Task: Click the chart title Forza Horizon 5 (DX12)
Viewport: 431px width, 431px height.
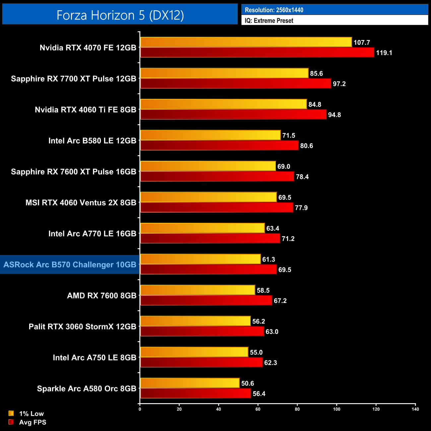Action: tap(120, 15)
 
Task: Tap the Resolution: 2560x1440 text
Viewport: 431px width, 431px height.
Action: tap(274, 10)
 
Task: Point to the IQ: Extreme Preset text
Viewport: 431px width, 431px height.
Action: tap(269, 21)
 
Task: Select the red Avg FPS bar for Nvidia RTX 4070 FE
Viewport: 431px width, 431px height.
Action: tap(257, 52)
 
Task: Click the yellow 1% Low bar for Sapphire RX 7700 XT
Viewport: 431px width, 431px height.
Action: tap(224, 73)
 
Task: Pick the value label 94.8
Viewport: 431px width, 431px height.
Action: tap(334, 115)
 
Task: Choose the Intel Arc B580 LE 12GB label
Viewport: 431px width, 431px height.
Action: tap(92, 141)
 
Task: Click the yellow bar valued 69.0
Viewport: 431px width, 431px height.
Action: tap(208, 166)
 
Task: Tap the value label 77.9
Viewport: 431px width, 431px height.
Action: tap(301, 208)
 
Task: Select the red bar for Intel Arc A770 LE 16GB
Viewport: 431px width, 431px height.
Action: tap(210, 238)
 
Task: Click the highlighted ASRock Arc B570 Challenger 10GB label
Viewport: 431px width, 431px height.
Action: tap(70, 265)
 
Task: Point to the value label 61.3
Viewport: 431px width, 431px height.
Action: tap(269, 259)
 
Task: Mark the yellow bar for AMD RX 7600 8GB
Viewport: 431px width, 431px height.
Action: tap(198, 290)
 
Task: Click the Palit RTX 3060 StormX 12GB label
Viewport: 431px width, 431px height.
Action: tap(82, 327)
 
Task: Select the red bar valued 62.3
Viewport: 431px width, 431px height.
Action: tap(201, 362)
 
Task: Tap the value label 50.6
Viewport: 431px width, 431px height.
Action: tap(247, 383)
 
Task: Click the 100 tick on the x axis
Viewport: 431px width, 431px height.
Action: tap(337, 409)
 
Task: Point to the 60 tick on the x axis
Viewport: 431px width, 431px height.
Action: tap(258, 409)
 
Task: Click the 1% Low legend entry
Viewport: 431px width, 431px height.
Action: tap(31, 413)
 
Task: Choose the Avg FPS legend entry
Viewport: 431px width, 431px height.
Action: tap(32, 422)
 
